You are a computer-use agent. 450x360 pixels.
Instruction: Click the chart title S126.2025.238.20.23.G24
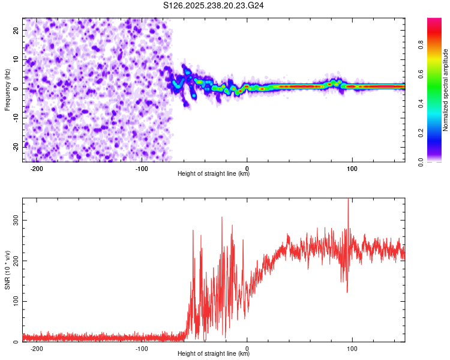214,5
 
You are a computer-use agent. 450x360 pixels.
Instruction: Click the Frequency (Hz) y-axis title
8,90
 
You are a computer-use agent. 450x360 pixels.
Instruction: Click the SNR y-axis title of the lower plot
8,269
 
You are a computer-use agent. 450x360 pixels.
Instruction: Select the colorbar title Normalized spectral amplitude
446,90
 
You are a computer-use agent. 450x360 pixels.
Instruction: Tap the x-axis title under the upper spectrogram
214,174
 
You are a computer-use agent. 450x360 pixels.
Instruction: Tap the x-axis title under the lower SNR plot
214,353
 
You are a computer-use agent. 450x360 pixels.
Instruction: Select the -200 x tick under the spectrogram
37,168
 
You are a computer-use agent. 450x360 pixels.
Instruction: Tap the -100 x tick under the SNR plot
142,347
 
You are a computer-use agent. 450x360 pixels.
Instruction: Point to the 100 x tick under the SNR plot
353,347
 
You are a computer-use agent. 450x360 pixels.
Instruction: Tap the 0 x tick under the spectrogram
247,168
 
